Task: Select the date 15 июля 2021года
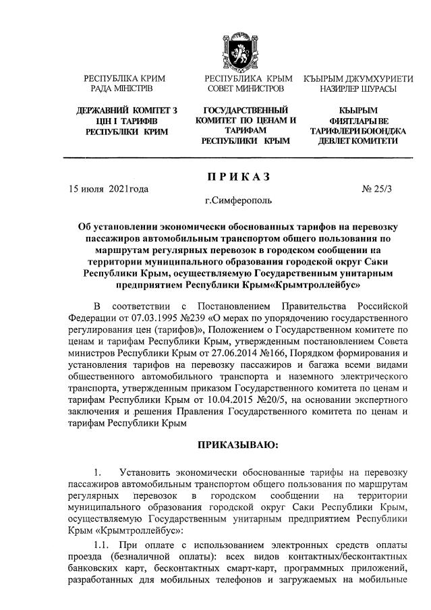[108, 190]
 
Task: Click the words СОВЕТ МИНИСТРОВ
[246, 88]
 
